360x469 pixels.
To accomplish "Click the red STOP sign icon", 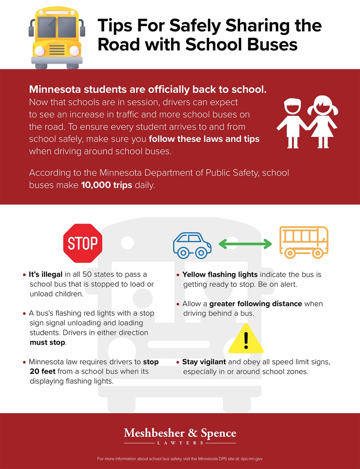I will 82,243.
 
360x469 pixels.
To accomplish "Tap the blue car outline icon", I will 192,245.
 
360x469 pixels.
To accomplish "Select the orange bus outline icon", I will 303,242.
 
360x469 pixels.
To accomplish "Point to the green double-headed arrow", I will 245,245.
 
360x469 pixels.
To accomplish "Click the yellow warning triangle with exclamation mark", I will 246,339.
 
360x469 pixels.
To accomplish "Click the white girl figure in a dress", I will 322,122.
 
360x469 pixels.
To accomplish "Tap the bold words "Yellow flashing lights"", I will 220,275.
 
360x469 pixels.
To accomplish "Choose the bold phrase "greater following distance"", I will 255,304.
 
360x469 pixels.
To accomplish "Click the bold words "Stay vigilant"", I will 204,362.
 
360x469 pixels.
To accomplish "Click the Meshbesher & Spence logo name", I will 180,433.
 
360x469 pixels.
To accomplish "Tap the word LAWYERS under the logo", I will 180,443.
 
